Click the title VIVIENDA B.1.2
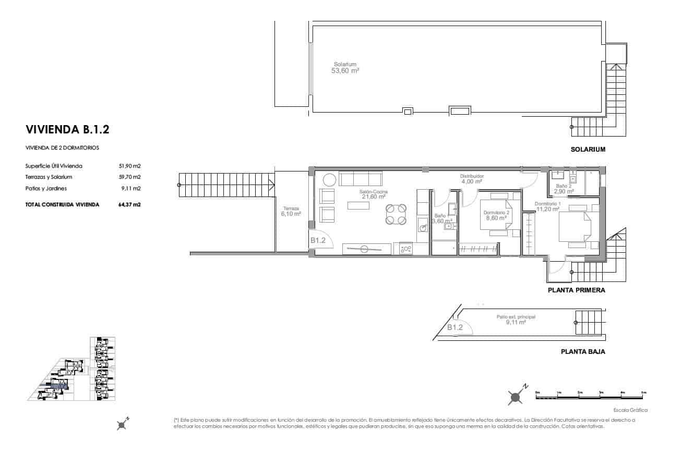tap(67, 129)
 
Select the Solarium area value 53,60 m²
tap(345, 70)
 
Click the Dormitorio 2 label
tap(496, 213)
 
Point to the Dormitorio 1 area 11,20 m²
tap(548, 210)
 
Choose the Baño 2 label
tap(564, 186)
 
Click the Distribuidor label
tap(472, 176)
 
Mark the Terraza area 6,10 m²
tap(291, 214)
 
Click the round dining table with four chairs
tap(396, 214)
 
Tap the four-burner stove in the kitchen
tap(406, 249)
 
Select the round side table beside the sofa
tap(330, 180)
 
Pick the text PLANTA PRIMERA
tap(576, 290)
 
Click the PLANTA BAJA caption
tap(583, 352)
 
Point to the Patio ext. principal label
tap(516, 316)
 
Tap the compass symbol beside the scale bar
tap(516, 397)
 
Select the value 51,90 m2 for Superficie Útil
tap(130, 166)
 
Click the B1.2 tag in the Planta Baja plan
tap(455, 327)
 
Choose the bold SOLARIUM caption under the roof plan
tap(588, 150)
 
